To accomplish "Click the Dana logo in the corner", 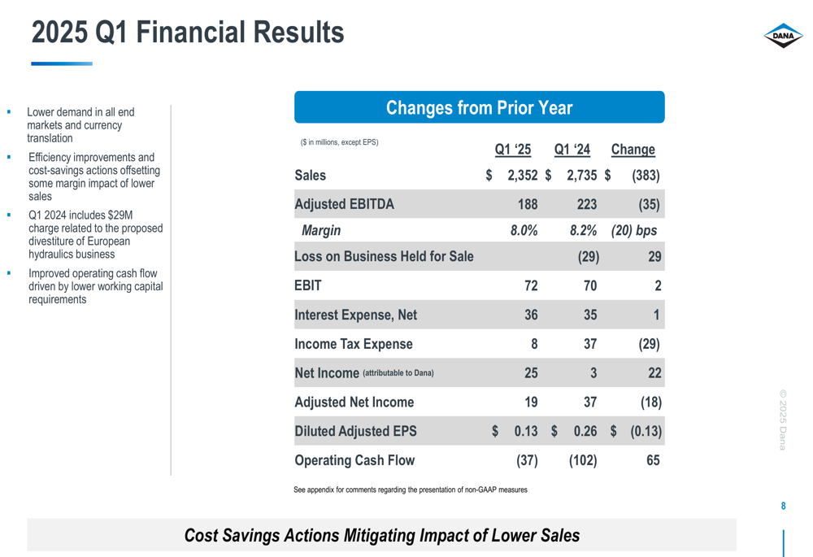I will point(783,36).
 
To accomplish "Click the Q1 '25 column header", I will point(513,150).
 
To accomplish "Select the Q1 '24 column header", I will point(572,150).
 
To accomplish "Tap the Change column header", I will point(633,150).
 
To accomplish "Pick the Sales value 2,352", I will point(522,176).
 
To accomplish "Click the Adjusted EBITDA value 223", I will point(585,204).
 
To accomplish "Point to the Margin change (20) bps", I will point(634,231).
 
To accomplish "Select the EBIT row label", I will point(308,285).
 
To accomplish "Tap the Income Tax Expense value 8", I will point(533,344).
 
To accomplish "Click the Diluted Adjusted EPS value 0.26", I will point(585,432).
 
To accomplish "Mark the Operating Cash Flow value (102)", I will point(583,461).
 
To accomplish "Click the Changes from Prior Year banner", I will point(479,108).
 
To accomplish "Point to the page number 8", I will point(783,507).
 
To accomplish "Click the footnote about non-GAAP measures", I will point(411,490).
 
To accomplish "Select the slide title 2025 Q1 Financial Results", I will point(188,33).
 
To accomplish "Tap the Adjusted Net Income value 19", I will point(530,403).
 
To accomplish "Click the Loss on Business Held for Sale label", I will point(384,257).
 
